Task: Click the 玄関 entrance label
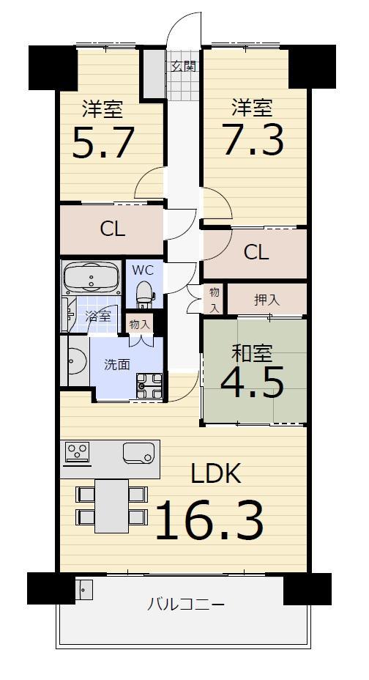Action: tap(183, 67)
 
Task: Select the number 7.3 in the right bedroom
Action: tap(253, 140)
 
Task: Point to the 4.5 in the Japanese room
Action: tap(252, 382)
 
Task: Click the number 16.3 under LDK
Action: tap(209, 520)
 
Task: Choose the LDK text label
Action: tap(216, 473)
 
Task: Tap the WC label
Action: tap(143, 270)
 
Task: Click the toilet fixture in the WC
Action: tap(144, 294)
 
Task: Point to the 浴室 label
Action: tap(98, 316)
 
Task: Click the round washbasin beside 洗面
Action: tap(77, 361)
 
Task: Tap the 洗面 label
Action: tap(117, 365)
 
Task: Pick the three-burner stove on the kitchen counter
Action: tap(78, 452)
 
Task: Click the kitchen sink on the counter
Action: tap(138, 452)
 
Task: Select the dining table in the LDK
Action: tap(112, 506)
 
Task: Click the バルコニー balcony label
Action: tap(186, 603)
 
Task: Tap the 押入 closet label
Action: tap(266, 300)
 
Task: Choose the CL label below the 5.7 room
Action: tap(113, 229)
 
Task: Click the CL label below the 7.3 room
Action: tap(256, 252)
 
